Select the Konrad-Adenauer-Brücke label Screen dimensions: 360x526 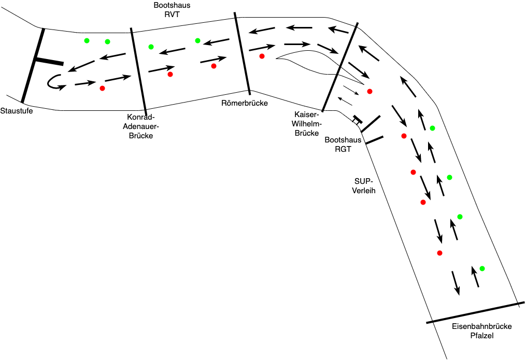143,126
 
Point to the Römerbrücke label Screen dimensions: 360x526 244,104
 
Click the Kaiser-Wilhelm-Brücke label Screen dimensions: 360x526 308,123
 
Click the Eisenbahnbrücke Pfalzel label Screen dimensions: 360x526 481,331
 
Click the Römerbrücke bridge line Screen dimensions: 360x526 243,54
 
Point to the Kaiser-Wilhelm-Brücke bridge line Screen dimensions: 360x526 339,67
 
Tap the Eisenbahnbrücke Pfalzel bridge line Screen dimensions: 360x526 472,312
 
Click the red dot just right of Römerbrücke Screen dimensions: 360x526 262,56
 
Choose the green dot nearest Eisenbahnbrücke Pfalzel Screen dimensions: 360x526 482,268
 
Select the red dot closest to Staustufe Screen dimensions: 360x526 102,88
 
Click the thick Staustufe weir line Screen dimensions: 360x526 33,65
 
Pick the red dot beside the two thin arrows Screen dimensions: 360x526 369,91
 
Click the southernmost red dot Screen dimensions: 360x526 439,253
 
